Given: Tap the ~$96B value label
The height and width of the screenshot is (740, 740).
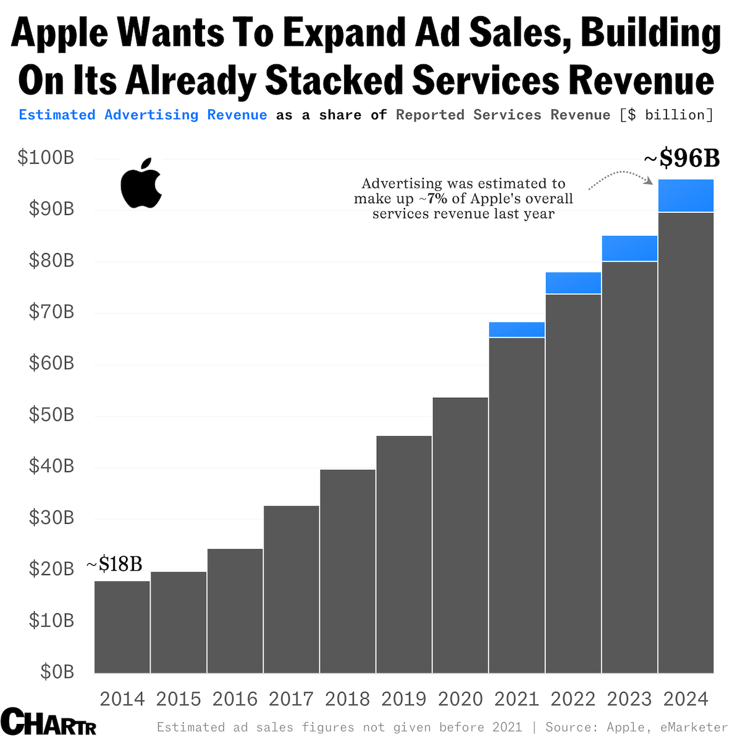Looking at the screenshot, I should (682, 159).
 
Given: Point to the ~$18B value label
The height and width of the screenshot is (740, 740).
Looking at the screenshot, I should (114, 564).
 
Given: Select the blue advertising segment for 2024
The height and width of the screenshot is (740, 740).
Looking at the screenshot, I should (686, 196).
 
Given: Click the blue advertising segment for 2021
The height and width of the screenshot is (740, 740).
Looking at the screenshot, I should (516, 330).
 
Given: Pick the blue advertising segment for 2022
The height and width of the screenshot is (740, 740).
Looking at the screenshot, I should (573, 283).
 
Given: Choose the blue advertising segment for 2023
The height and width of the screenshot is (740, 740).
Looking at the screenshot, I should (629, 248).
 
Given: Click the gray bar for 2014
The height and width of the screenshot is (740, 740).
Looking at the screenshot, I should (122, 626).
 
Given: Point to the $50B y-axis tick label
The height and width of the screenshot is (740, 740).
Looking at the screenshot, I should (51, 414).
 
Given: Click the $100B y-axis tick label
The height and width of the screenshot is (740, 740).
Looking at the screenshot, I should (46, 158).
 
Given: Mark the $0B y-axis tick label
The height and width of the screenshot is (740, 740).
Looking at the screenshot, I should (57, 671).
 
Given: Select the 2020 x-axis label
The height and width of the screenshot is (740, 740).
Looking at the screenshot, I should (460, 699).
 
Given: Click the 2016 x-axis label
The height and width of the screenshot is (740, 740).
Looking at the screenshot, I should (235, 699).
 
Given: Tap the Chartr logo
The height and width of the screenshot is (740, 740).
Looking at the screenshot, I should (49, 722).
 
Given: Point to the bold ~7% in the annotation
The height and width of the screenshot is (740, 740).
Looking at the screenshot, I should (437, 199).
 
